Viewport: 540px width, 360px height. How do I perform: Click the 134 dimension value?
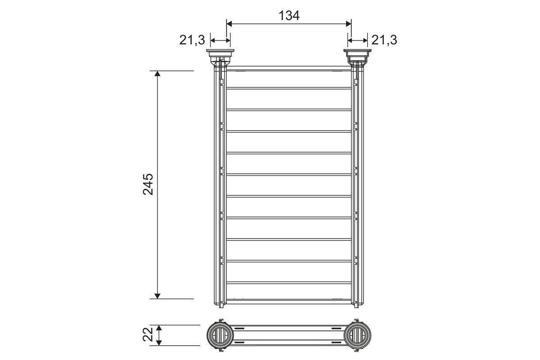point(288,15)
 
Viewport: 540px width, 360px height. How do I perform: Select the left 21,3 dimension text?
point(192,40)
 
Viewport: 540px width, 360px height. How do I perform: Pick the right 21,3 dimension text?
point(384,40)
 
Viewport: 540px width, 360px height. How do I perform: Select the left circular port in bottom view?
point(220,335)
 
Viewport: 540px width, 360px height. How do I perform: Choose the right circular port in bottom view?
point(358,335)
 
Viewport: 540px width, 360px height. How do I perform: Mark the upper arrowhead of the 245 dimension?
point(157,74)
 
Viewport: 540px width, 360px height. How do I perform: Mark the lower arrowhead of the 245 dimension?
point(157,295)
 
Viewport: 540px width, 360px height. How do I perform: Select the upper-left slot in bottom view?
point(240,329)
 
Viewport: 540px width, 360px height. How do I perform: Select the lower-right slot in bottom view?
point(337,342)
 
